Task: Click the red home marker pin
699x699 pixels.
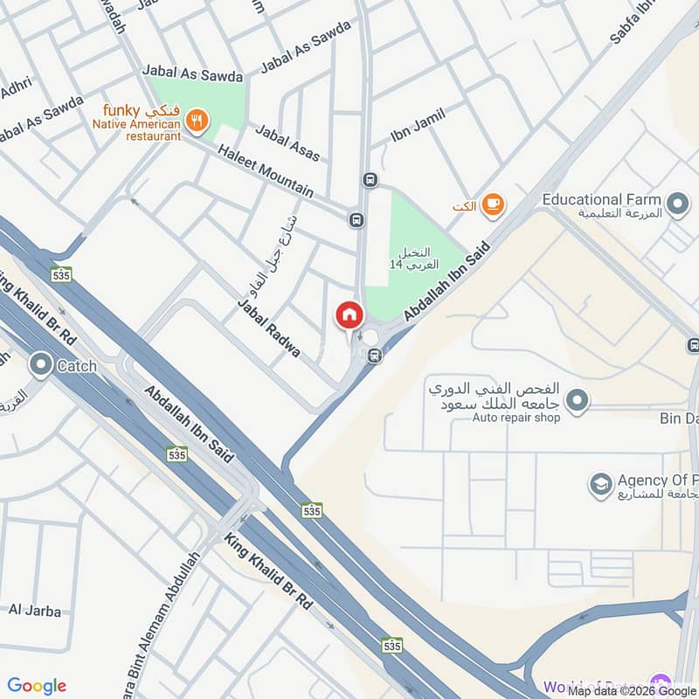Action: [x=349, y=315]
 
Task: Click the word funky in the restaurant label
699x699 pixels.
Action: [x=115, y=111]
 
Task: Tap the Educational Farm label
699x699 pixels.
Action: [x=601, y=200]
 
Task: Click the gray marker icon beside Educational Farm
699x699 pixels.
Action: [x=676, y=205]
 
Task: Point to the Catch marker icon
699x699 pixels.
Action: [x=40, y=366]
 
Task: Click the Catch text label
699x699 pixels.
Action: [x=77, y=367]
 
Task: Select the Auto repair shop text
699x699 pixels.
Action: [x=516, y=418]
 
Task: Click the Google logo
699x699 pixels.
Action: [x=37, y=686]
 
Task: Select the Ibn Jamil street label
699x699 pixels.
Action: [x=418, y=126]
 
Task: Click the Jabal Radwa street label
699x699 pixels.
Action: [x=268, y=329]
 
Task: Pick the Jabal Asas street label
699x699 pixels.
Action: [x=287, y=142]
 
